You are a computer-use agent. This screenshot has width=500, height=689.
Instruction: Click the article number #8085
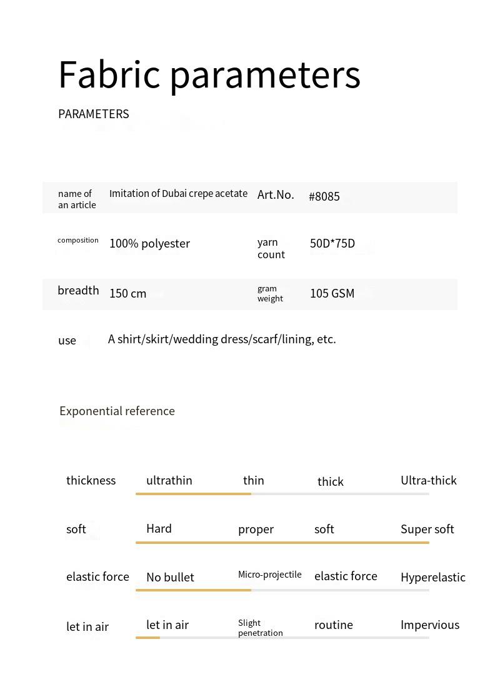324,197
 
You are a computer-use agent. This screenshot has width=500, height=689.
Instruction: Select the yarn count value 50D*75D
332,243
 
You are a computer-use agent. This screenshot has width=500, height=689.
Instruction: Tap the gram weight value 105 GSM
332,293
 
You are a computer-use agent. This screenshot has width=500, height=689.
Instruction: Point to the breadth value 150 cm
127,293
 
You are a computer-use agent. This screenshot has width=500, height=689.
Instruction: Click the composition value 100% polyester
149,243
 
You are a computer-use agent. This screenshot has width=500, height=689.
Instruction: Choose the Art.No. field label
276,194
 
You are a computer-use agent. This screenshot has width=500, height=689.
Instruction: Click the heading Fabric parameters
209,74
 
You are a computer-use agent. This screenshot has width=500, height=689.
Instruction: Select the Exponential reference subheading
117,411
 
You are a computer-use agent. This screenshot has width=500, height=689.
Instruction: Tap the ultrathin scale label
169,480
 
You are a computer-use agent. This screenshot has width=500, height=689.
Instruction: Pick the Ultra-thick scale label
428,480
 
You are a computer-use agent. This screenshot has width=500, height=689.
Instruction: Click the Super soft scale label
427,529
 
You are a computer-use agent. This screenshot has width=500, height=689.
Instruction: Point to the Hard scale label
159,528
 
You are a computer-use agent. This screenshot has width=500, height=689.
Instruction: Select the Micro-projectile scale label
269,575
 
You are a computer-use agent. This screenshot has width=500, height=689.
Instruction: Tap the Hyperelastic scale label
432,577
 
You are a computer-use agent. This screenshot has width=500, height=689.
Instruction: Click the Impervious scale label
429,625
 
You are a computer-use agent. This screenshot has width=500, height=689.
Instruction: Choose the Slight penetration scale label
260,628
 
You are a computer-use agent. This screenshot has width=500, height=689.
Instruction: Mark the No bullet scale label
170,577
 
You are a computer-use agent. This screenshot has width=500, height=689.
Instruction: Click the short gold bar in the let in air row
147,638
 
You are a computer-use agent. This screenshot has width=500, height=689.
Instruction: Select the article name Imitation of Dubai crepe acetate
178,194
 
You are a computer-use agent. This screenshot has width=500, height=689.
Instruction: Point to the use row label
67,341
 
